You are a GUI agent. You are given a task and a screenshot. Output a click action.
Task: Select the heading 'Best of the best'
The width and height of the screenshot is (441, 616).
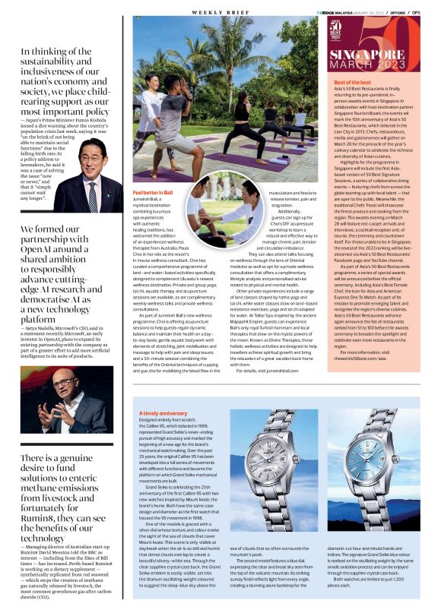click(350, 81)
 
